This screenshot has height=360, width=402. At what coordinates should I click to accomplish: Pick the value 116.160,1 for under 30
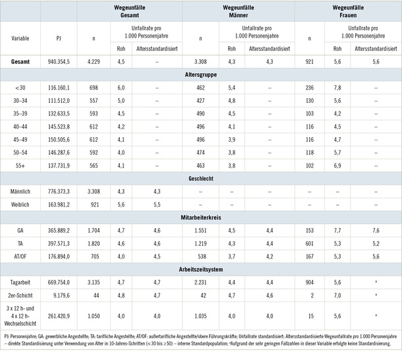point(58,88)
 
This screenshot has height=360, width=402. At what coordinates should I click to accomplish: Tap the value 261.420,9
point(58,315)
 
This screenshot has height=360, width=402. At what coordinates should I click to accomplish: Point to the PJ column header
point(58,38)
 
